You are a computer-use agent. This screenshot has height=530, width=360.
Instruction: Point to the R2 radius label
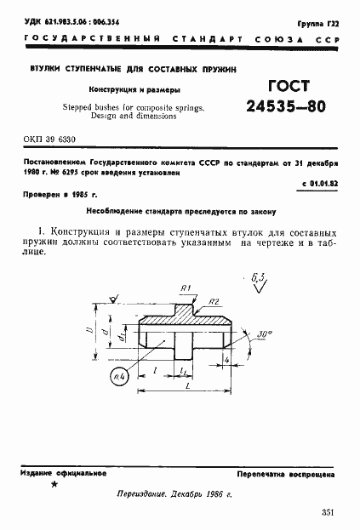(x=216, y=300)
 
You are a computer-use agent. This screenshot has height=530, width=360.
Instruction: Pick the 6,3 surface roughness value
(x=260, y=276)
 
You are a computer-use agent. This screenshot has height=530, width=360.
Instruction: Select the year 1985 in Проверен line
(x=83, y=195)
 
